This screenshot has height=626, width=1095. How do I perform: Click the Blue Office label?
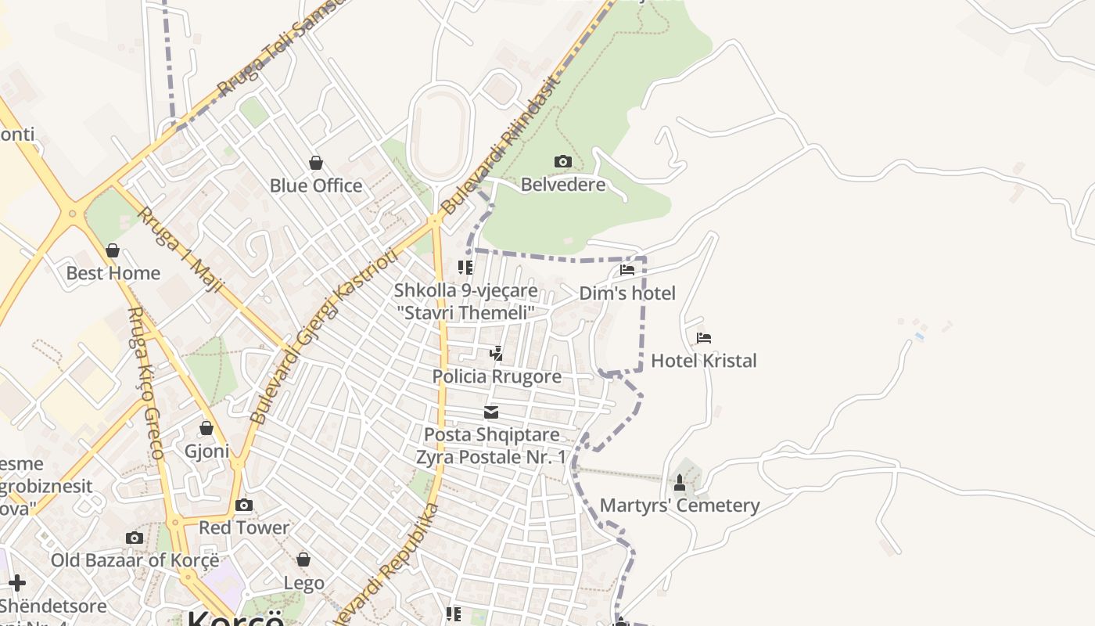316,185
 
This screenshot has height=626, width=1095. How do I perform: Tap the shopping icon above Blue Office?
316,163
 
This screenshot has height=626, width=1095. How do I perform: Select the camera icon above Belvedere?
562,162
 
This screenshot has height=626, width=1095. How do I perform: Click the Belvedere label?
563,185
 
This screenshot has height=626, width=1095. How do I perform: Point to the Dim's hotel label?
627,293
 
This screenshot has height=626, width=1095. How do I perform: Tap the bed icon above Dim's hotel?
627,270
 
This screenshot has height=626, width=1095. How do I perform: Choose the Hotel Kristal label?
704,361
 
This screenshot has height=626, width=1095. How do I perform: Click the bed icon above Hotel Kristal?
704,338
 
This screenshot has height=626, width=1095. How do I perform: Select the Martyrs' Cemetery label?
680,505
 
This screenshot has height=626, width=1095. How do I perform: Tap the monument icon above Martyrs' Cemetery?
680,483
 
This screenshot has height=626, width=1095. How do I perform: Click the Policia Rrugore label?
497,376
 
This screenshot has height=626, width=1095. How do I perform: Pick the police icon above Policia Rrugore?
496,354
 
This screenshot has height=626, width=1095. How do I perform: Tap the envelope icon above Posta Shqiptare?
491,412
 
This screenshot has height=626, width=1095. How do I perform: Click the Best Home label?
113,273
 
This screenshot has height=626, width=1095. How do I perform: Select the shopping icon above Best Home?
113,250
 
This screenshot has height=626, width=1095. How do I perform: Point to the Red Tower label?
244,527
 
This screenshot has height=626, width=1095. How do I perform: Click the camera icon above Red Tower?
244,505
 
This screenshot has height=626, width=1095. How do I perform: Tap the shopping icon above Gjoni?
206,428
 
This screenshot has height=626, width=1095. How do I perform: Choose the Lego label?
303,583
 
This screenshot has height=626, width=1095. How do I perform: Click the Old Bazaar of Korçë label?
135,560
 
